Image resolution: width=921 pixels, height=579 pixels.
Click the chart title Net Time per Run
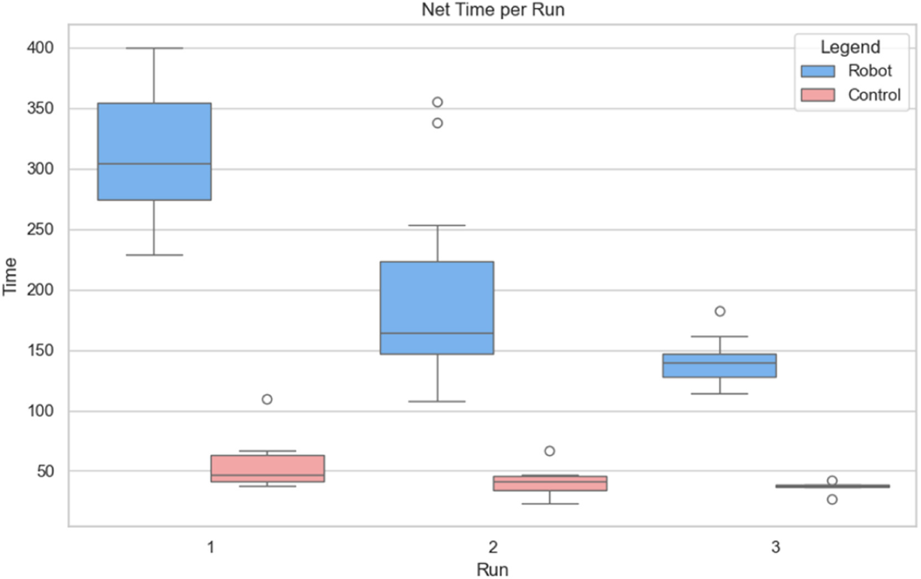493,9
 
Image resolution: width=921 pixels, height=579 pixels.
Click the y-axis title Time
9,277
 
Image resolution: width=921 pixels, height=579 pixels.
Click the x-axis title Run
492,570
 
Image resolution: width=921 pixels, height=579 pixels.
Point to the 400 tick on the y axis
40,48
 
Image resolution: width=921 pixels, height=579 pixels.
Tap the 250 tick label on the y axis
40,229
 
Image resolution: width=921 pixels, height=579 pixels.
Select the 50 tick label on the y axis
45,471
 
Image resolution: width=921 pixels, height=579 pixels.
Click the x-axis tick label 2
493,547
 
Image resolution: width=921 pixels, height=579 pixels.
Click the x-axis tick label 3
776,547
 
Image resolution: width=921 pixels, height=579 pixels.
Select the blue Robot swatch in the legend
818,71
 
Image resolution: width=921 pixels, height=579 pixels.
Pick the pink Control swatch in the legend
818,95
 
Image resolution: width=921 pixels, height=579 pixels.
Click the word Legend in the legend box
850,47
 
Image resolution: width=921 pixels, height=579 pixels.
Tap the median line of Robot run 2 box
437,333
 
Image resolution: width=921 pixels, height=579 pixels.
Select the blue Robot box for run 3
720,369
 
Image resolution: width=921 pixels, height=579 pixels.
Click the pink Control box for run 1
267,463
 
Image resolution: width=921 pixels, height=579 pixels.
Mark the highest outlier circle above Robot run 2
438,102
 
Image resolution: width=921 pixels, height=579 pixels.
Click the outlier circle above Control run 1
267,399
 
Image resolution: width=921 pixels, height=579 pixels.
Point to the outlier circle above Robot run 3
720,311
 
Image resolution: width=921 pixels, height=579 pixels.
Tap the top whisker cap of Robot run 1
154,49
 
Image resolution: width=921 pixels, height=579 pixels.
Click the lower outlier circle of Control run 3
832,499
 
